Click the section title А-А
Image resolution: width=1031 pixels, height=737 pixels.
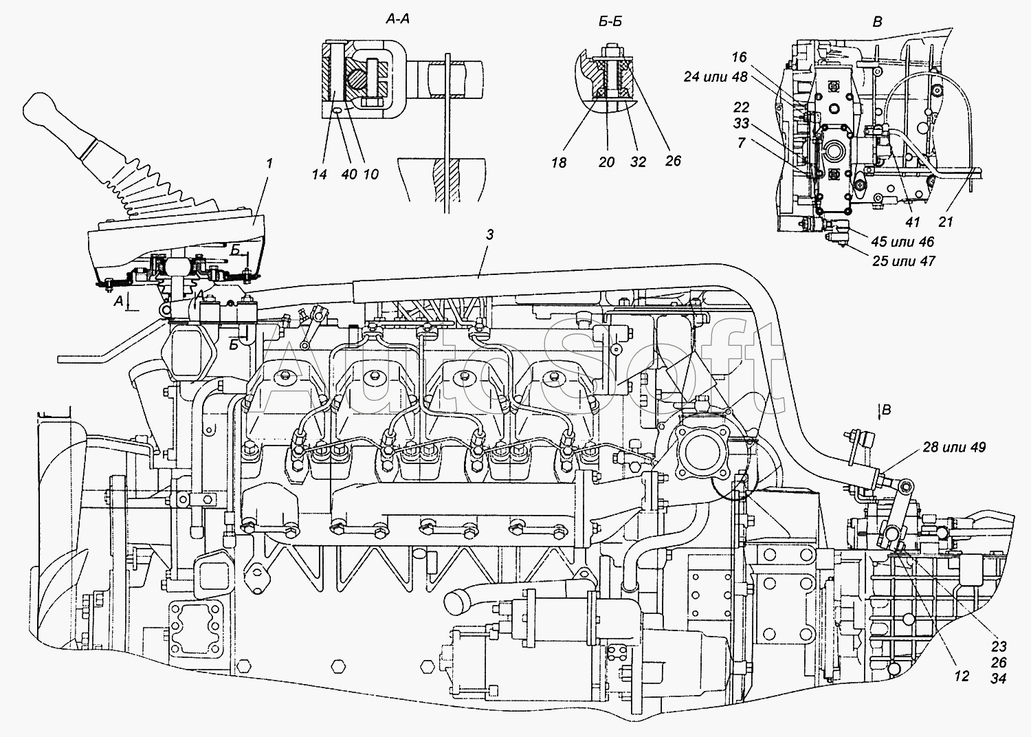point(397,19)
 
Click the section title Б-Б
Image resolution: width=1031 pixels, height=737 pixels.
point(610,21)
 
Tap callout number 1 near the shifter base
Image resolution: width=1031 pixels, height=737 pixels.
point(269,164)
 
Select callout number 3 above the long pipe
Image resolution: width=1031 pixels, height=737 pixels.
point(489,234)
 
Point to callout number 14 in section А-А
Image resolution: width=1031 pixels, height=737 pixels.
point(319,175)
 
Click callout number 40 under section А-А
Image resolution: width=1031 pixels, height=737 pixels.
point(349,175)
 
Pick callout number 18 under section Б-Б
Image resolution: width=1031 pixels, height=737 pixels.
point(559,162)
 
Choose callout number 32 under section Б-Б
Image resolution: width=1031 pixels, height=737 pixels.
point(638,162)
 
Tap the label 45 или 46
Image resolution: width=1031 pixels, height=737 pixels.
point(902,242)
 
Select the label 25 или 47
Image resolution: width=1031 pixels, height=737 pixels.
point(904,261)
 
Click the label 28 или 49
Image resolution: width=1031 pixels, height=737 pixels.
point(954,447)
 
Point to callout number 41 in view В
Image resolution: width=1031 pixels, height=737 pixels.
point(912,222)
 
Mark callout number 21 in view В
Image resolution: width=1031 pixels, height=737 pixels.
point(945,222)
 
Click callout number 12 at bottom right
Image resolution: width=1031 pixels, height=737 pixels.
point(962,676)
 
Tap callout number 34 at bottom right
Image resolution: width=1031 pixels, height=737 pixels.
point(998,679)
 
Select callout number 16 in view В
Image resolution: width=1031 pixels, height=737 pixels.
point(739,57)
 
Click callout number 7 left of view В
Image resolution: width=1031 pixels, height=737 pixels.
point(741,143)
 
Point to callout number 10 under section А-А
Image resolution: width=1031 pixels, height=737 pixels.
point(370,175)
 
